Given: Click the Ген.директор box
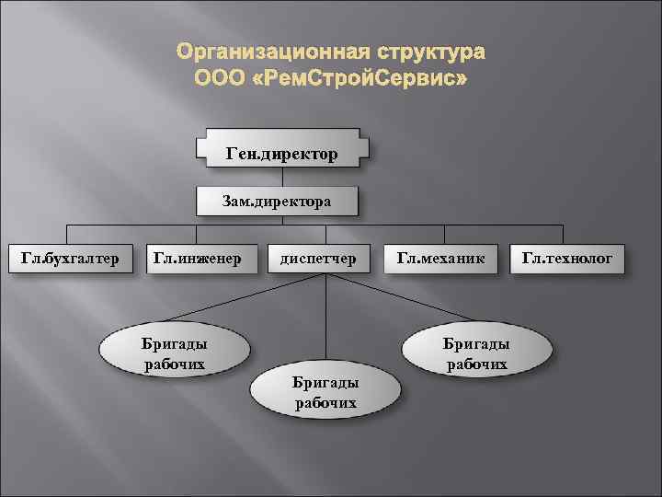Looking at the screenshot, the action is point(281,151).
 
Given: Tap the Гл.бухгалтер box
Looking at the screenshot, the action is point(70,259).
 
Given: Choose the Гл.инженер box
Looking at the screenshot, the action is point(197,259).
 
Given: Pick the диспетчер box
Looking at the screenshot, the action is point(318,259).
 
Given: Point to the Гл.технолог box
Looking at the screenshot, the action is point(573,259).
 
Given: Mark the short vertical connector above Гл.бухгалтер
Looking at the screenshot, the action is point(64,234).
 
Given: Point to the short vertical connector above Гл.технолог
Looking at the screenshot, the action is point(572,234).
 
